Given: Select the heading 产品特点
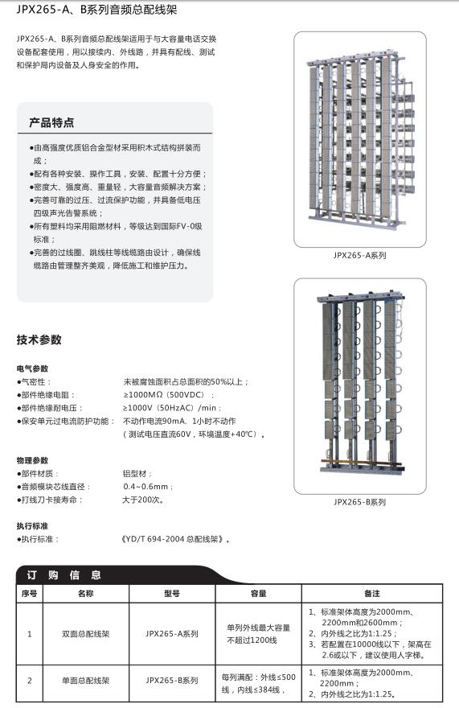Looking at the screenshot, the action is (51, 122).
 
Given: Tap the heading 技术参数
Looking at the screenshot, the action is (39, 340).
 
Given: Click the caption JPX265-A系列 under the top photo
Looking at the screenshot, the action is (359, 255).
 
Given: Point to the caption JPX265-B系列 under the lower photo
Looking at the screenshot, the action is (359, 502).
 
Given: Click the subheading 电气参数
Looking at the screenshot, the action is (32, 368).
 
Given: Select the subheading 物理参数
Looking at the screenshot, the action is (32, 460).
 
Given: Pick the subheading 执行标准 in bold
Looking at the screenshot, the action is (32, 525).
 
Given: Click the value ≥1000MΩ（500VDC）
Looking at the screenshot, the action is (167, 395).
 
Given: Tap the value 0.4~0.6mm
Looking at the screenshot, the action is (147, 487).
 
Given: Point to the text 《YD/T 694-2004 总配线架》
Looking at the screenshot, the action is (175, 539).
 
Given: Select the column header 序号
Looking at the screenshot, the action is (30, 593).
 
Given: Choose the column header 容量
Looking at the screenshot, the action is (258, 593).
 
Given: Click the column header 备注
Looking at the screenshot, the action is (371, 593).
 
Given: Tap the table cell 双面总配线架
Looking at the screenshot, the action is (85, 634).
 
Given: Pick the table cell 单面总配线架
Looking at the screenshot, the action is (85, 681).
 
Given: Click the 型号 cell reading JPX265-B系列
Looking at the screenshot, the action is (171, 681).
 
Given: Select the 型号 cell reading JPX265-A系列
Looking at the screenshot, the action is (171, 634).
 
